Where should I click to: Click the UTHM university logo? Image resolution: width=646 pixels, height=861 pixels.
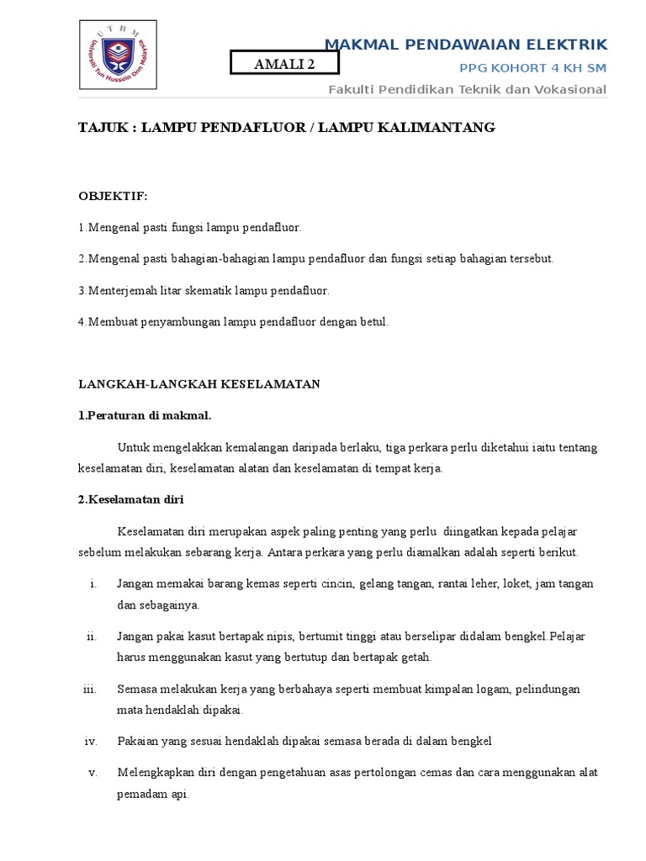click(x=117, y=55)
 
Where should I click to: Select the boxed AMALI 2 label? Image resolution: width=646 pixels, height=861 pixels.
click(x=284, y=63)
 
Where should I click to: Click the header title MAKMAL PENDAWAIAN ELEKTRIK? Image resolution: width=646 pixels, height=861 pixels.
click(x=465, y=44)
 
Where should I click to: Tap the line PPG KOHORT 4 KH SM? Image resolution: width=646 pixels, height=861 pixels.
click(x=532, y=67)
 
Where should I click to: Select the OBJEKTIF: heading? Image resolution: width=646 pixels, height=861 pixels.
click(x=113, y=196)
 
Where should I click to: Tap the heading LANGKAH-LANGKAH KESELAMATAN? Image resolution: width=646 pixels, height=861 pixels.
click(x=199, y=384)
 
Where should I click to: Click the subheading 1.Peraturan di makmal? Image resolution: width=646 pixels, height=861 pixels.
click(x=146, y=415)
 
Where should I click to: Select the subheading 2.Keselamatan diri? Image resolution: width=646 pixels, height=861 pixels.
click(x=130, y=499)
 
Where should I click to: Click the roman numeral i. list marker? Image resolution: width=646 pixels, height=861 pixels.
click(x=93, y=584)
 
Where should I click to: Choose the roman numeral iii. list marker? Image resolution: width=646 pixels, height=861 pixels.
click(x=90, y=689)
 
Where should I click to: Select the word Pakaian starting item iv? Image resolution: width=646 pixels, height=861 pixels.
click(x=137, y=741)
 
